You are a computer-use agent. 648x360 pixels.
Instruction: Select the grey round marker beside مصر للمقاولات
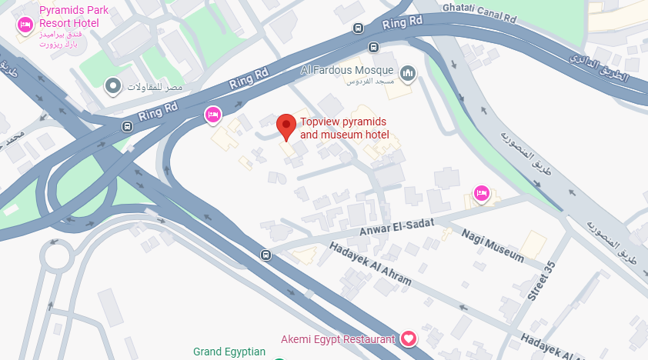[x=114, y=85]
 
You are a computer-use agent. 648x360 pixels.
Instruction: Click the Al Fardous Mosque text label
[x=348, y=70]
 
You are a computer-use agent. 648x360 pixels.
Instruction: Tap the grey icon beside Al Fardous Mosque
[x=407, y=73]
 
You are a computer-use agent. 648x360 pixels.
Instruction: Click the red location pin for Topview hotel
[x=286, y=125]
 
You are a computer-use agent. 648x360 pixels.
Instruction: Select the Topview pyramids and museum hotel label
[x=344, y=128]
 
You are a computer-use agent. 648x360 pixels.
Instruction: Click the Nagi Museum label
[x=492, y=243]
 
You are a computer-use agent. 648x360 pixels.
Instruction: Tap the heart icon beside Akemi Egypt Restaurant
[x=409, y=338]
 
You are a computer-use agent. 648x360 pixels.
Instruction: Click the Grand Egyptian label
[x=229, y=352]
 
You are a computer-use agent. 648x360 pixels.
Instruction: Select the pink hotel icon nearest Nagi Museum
[x=482, y=193]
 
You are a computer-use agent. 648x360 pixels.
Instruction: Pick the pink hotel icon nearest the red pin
[x=212, y=115]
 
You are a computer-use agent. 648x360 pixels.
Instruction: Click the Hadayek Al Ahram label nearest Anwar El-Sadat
[x=370, y=265]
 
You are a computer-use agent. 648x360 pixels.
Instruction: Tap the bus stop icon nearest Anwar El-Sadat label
[x=266, y=255]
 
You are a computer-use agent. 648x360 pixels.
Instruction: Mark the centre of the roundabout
[x=56, y=253]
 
